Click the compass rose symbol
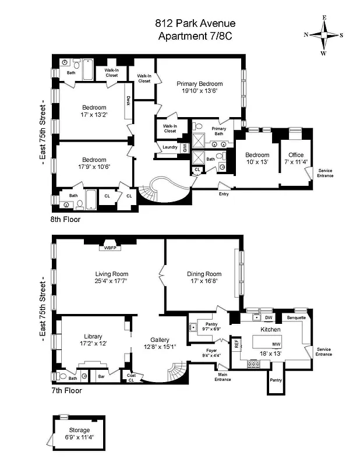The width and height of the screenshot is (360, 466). tap(323, 35)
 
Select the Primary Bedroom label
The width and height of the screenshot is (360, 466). tap(200, 84)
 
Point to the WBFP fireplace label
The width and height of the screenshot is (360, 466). tap(111, 248)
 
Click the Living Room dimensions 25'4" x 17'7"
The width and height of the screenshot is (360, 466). tap(112, 281)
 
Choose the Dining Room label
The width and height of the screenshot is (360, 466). tap(204, 274)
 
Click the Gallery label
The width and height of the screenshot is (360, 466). tap(160, 340)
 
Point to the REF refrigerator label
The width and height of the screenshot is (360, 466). tap(237, 344)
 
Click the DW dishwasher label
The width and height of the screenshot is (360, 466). tap(269, 318)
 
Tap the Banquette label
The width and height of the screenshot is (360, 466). tap(297, 318)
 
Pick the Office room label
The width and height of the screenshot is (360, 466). tap(296, 155)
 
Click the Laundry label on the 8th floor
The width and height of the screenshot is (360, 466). tap(170, 147)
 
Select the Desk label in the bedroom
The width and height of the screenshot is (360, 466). tap(128, 100)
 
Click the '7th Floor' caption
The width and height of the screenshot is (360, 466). tap(66, 391)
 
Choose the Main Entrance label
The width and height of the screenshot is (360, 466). tap(223, 377)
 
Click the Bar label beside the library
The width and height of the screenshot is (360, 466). tap(101, 377)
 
